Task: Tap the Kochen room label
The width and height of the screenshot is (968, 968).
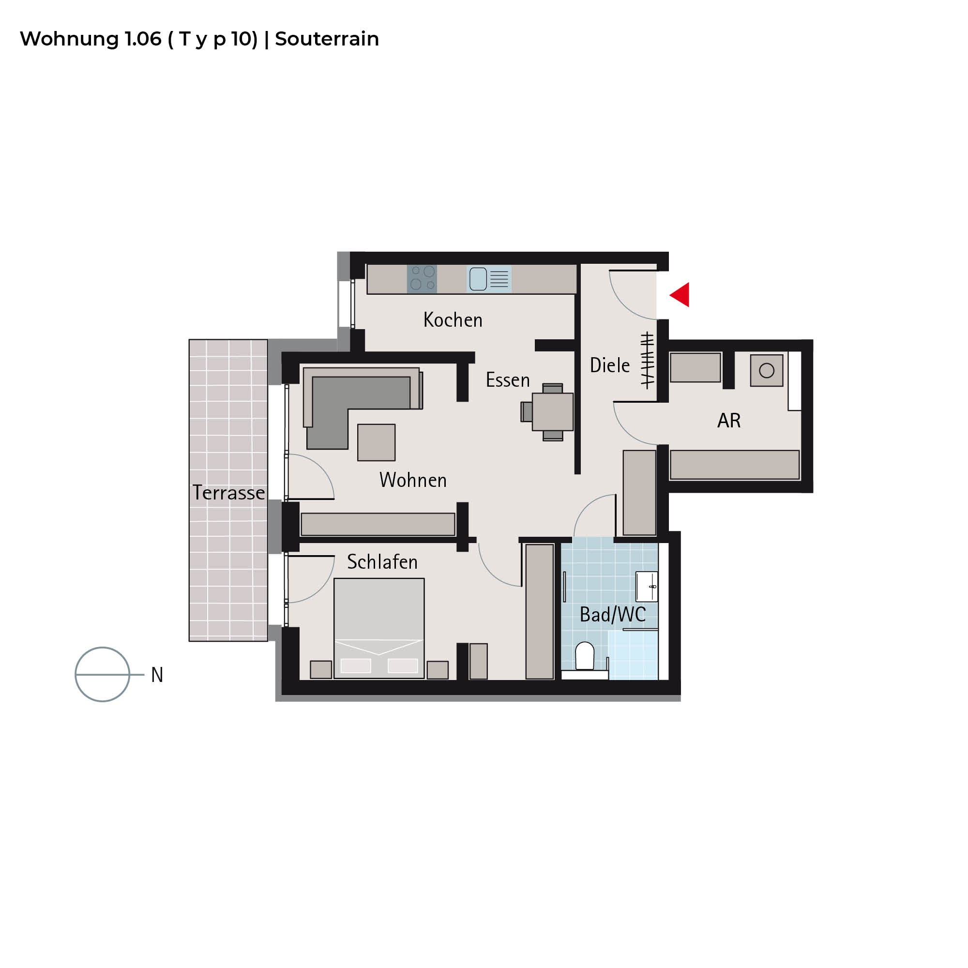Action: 453,319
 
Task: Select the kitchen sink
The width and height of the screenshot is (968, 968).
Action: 489,279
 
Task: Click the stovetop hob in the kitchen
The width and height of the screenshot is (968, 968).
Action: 422,279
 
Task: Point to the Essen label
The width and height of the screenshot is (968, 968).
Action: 508,380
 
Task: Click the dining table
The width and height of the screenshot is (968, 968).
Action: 553,412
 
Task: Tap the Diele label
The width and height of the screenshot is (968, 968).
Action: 610,365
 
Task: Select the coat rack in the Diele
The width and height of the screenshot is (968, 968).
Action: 647,360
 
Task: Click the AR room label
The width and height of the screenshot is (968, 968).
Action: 729,421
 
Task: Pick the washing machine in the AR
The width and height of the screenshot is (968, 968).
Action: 767,370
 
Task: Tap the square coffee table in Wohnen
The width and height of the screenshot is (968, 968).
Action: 376,442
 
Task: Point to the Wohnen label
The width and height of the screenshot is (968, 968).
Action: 413,480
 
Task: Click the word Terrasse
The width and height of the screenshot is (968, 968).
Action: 228,493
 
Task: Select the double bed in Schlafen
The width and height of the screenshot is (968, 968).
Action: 379,628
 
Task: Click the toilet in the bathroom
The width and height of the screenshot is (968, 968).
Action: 585,655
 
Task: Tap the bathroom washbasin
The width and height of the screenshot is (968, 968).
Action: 647,586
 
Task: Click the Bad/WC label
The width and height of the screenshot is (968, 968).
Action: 613,615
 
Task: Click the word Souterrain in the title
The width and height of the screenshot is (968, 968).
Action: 327,39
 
